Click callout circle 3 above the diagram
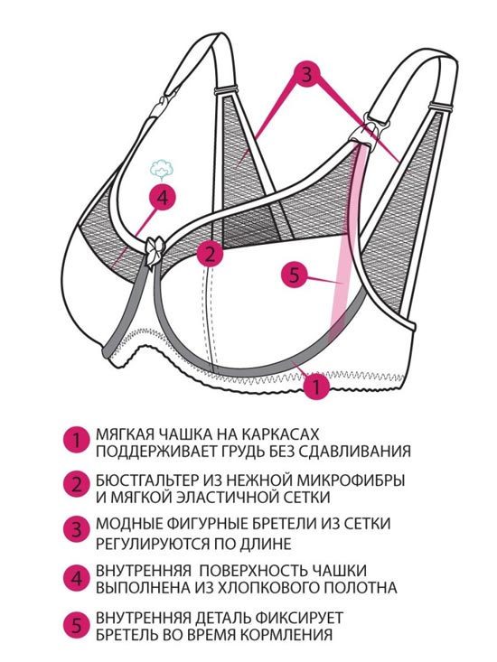[307, 75]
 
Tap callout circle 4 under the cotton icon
[163, 197]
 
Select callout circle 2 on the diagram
[210, 254]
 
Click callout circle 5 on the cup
[295, 275]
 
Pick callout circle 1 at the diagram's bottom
[316, 385]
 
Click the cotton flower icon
[162, 169]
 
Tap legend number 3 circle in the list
[77, 529]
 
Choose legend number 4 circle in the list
[77, 578]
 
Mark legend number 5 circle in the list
[77, 625]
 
